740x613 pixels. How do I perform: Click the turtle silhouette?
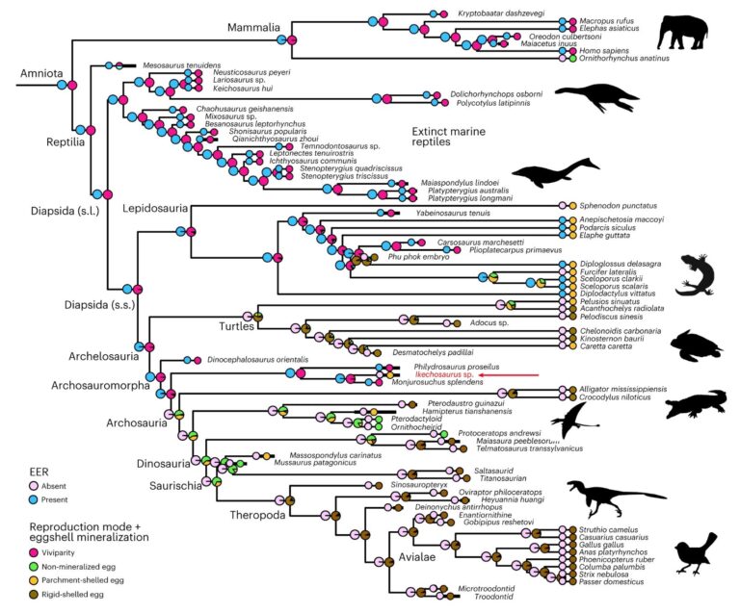692,344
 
